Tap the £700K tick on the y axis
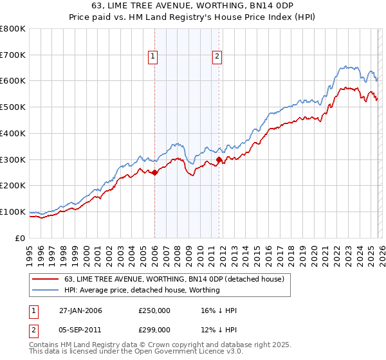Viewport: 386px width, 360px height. (x=14, y=55)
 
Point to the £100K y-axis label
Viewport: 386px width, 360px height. (x=14, y=212)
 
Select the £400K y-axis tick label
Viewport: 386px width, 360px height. (x=14, y=133)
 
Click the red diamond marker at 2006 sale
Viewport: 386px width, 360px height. (x=154, y=172)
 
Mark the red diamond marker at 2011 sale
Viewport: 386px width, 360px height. (x=219, y=159)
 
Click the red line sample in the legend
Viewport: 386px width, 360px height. (x=46, y=279)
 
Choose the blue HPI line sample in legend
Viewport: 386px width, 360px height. (x=46, y=291)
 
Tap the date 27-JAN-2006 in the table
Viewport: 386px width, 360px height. (x=80, y=310)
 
